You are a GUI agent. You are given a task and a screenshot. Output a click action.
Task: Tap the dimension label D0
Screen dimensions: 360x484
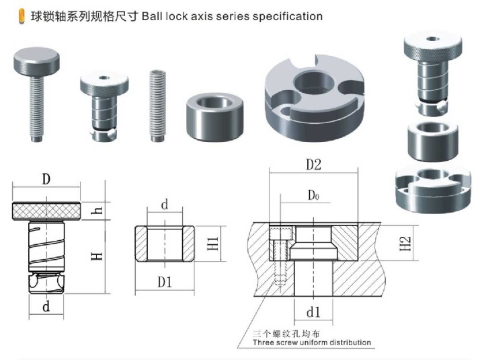(313, 196)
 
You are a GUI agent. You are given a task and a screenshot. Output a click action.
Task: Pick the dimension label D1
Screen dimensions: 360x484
(165, 283)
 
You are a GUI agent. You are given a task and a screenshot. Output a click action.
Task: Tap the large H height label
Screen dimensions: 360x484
(98, 255)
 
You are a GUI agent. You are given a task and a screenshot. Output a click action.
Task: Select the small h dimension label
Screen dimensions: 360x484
(98, 211)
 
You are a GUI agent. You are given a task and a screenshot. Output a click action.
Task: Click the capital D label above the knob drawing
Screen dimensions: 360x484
(46, 180)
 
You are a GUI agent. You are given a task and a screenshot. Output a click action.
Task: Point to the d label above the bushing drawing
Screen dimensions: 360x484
(165, 205)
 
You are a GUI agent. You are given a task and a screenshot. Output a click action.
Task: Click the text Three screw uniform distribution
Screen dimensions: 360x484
(311, 343)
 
